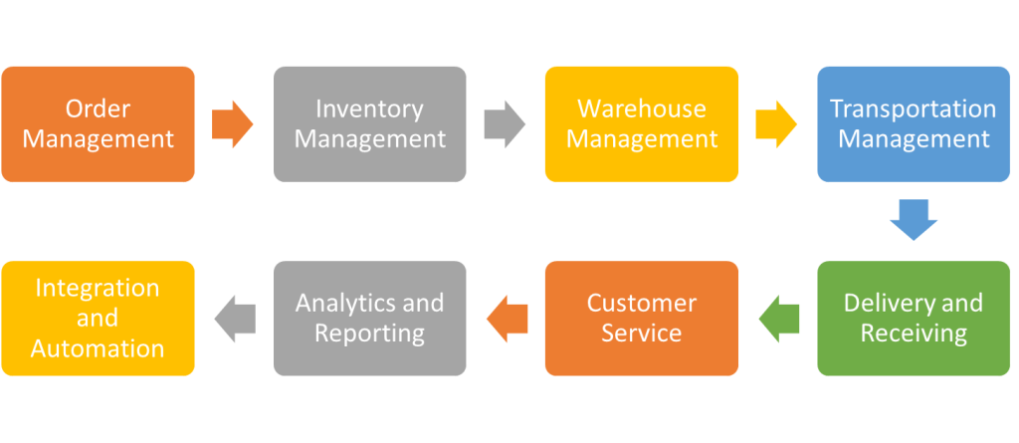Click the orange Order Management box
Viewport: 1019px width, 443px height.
pyautogui.click(x=98, y=124)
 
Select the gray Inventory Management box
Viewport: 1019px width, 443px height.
pyautogui.click(x=369, y=124)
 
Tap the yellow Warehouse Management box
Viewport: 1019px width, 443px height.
pyautogui.click(x=641, y=124)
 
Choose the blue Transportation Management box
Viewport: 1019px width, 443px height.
pyautogui.click(x=914, y=124)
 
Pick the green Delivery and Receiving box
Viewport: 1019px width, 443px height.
pyautogui.click(x=914, y=318)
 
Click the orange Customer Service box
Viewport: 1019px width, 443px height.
pyautogui.click(x=641, y=318)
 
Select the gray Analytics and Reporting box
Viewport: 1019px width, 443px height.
pyautogui.click(x=369, y=318)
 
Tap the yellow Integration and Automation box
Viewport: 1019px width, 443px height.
pyautogui.click(x=98, y=318)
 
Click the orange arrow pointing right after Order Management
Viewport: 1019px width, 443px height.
pyautogui.click(x=233, y=124)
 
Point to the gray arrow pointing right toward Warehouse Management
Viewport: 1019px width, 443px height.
pyautogui.click(x=505, y=124)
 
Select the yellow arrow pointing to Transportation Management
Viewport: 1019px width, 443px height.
pyautogui.click(x=776, y=124)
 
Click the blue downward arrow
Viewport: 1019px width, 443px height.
pyautogui.click(x=914, y=220)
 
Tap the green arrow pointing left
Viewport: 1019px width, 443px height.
pyautogui.click(x=778, y=318)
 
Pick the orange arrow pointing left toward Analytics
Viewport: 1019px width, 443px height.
pyautogui.click(x=507, y=318)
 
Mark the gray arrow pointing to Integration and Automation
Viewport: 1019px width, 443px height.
pyautogui.click(x=235, y=318)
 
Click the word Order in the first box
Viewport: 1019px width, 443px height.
pyautogui.click(x=98, y=109)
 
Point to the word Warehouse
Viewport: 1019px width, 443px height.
pyautogui.click(x=642, y=109)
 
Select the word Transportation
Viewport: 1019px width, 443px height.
pyautogui.click(x=914, y=109)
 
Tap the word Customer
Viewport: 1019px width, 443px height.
pyautogui.click(x=642, y=303)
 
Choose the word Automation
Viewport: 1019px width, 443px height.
pyautogui.click(x=98, y=348)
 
